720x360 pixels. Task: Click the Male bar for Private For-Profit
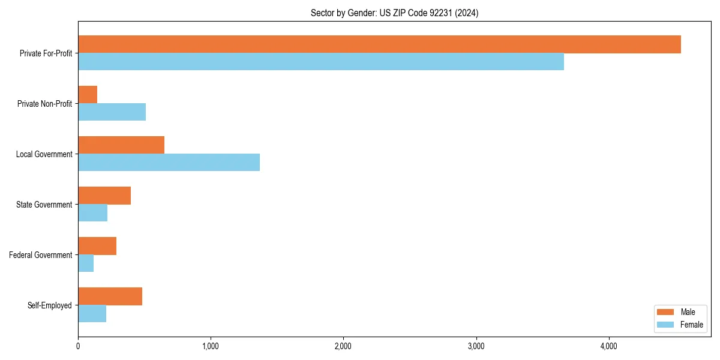point(379,44)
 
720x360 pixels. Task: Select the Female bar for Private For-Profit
point(321,62)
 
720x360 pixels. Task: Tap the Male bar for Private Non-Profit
point(88,95)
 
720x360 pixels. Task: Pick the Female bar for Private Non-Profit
point(112,112)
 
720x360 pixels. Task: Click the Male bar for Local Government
point(121,145)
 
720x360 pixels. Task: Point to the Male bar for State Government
point(104,196)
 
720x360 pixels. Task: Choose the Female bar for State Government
point(92,213)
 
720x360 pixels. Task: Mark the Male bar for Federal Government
point(97,246)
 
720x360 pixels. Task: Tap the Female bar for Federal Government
point(86,263)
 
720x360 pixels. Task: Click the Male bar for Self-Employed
point(110,296)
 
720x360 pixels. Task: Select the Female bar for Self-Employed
point(92,314)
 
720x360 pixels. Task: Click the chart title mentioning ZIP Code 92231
point(394,13)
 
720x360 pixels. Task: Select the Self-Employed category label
point(49,305)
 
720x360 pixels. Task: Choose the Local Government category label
point(44,154)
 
